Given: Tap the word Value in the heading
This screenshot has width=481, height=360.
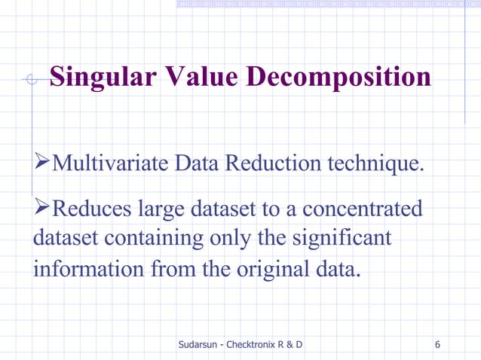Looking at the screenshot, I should [197, 78].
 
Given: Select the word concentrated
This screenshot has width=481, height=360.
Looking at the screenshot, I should [358, 208].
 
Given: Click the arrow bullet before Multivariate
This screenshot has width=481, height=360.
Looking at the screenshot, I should [42, 162].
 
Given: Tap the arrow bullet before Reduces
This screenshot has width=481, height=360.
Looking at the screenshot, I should [42, 207].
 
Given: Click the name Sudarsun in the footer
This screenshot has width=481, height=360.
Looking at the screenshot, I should [198, 345].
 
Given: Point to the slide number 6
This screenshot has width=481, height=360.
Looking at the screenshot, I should [438, 345].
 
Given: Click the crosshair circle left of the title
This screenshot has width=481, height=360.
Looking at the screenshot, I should [32, 79].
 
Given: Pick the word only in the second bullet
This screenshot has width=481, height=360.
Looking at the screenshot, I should [226, 238].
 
